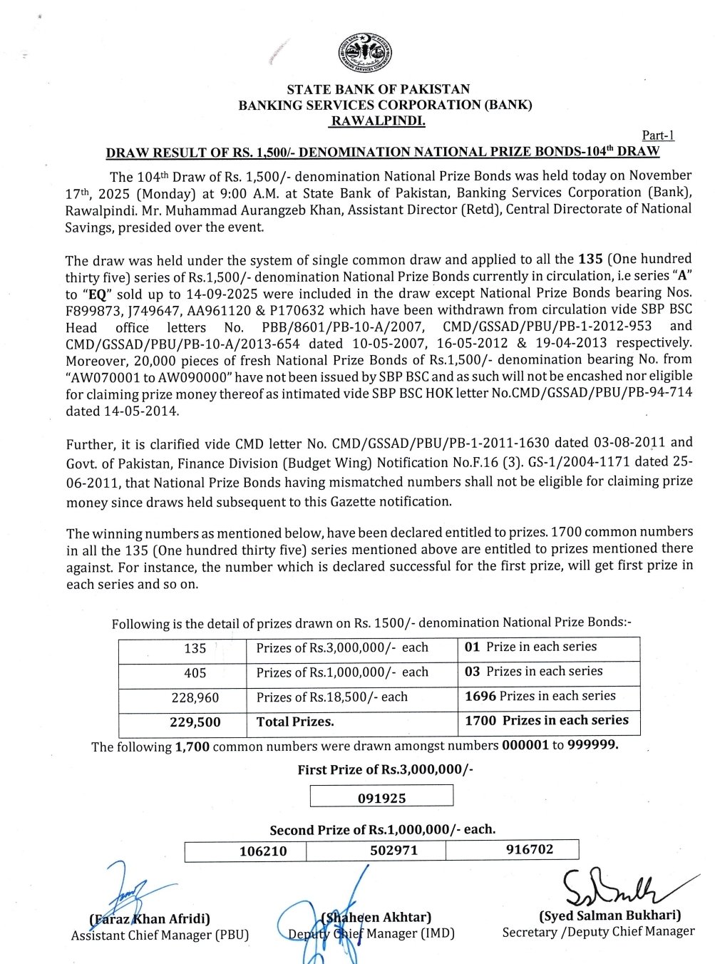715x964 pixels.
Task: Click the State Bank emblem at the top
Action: click(365, 53)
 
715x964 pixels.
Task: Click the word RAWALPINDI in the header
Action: click(378, 121)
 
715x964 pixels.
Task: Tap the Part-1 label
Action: click(658, 135)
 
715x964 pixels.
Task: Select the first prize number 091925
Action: click(381, 798)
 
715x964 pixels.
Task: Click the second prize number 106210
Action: click(263, 851)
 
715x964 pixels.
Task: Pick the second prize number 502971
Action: click(393, 851)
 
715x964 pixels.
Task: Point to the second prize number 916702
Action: click(529, 849)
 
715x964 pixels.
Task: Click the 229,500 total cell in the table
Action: click(195, 722)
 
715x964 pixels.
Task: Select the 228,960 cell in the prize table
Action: click(195, 698)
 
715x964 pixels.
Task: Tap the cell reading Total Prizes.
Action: click(295, 722)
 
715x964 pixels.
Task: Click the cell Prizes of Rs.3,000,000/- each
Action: click(342, 648)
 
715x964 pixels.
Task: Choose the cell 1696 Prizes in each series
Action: click(540, 696)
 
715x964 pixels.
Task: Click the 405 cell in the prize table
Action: click(195, 673)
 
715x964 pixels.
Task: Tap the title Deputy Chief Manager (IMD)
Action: click(371, 933)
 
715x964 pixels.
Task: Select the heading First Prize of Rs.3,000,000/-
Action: click(385, 770)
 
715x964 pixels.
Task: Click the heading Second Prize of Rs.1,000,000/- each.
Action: click(382, 830)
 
